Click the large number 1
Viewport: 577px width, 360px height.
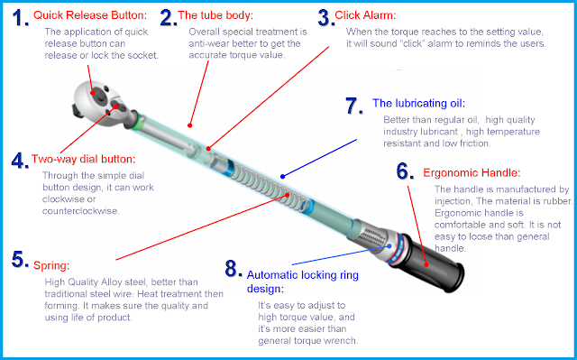(20, 18)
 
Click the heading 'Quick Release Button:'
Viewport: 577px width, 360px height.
(90, 15)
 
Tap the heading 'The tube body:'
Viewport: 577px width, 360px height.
(215, 15)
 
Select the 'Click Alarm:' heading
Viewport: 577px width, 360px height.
(365, 15)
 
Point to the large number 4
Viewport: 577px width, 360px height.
(20, 161)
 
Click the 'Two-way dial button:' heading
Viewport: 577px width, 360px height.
(84, 159)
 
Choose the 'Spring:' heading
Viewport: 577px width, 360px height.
(51, 265)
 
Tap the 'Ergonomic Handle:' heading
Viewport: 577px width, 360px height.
(472, 172)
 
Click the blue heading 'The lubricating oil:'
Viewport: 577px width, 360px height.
(418, 103)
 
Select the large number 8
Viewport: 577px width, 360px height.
(234, 269)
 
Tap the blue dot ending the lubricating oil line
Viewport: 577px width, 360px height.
(282, 177)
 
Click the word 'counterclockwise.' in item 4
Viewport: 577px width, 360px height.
(80, 211)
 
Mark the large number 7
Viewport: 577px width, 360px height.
(354, 106)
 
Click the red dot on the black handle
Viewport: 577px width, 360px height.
(426, 264)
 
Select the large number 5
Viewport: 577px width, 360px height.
(20, 260)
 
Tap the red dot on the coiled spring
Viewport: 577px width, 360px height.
(288, 196)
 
